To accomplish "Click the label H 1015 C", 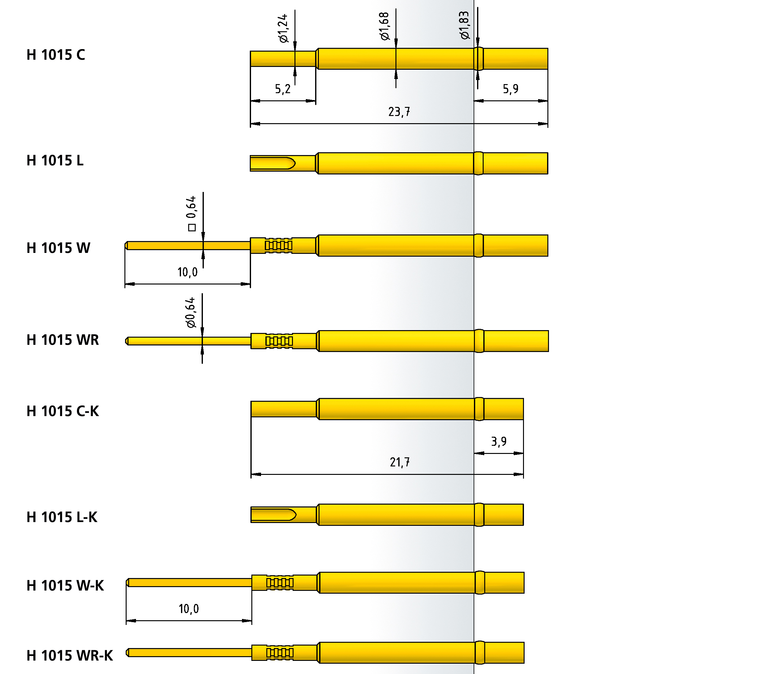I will (x=56, y=55).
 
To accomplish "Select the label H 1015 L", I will (x=55, y=161).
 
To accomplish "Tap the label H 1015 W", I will (x=58, y=248).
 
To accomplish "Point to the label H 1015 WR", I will (x=63, y=340).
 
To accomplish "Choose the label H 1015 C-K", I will (x=63, y=411).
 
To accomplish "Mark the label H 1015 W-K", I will (x=65, y=586).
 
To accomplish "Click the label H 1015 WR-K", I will (x=70, y=656).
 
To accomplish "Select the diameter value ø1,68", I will (x=384, y=26).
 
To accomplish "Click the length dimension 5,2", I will (x=282, y=89).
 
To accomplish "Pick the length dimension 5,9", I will (x=510, y=89).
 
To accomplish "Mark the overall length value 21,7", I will (x=399, y=462).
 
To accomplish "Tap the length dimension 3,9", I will (x=499, y=441).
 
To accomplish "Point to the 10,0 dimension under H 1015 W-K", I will (x=189, y=609).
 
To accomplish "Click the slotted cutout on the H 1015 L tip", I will (x=273, y=163).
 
